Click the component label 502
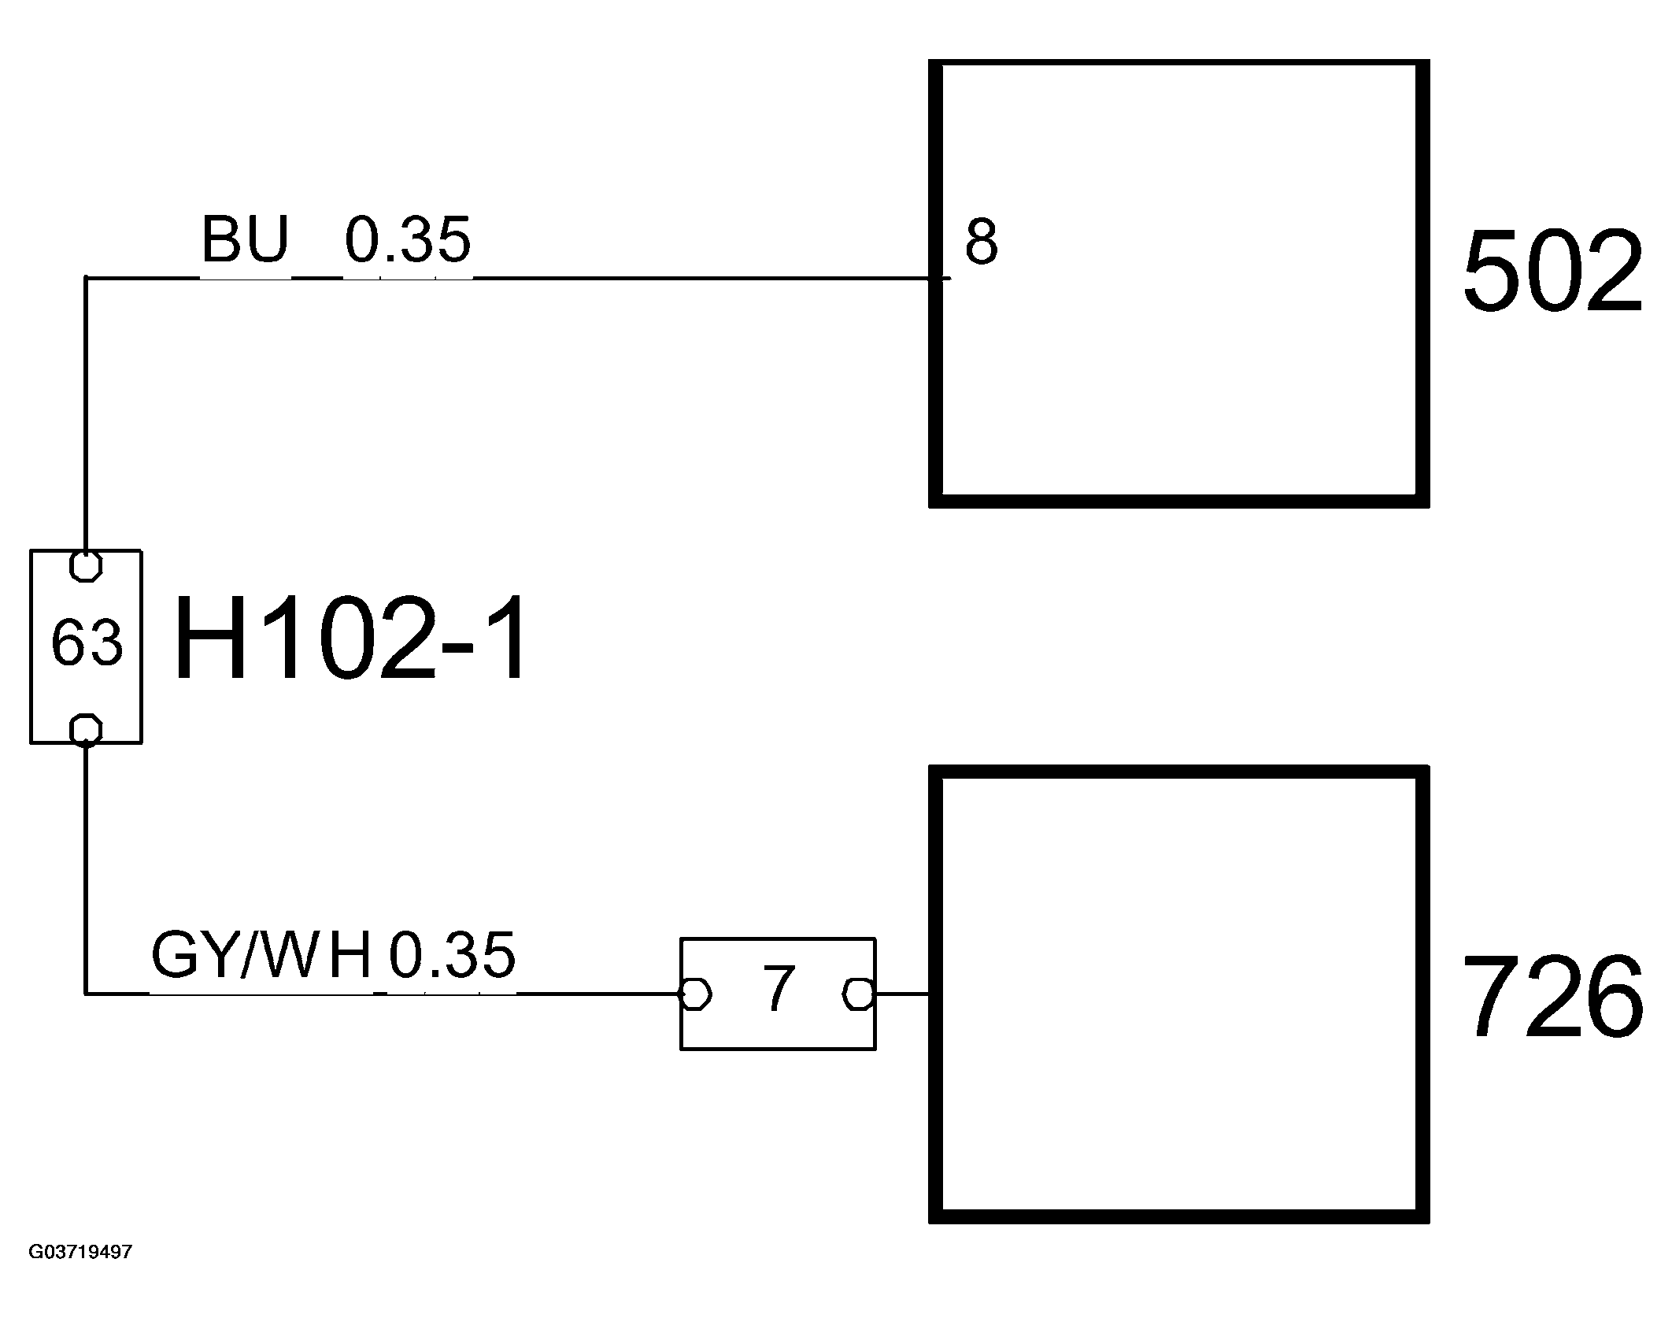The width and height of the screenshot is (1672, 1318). tap(1552, 272)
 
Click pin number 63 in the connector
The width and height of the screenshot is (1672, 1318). tap(87, 642)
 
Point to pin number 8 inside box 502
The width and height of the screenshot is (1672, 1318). tap(981, 242)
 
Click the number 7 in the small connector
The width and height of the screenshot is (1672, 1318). tap(778, 989)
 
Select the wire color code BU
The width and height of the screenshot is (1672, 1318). tap(245, 239)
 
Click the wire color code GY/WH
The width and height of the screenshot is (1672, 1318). tap(261, 954)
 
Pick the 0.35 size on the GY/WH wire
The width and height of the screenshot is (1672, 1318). tap(453, 954)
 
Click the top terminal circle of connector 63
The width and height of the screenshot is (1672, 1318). tap(86, 565)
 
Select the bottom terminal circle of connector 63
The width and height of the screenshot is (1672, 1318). tap(86, 729)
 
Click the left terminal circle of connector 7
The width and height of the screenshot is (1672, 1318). tap(695, 994)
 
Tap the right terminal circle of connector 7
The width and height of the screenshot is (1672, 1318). tap(858, 994)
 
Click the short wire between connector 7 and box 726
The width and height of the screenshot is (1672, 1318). tap(902, 994)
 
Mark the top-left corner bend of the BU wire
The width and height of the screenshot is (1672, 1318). tap(86, 278)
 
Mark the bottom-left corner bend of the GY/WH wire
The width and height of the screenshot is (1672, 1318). tap(86, 994)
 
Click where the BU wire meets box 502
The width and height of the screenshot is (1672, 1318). tap(937, 278)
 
